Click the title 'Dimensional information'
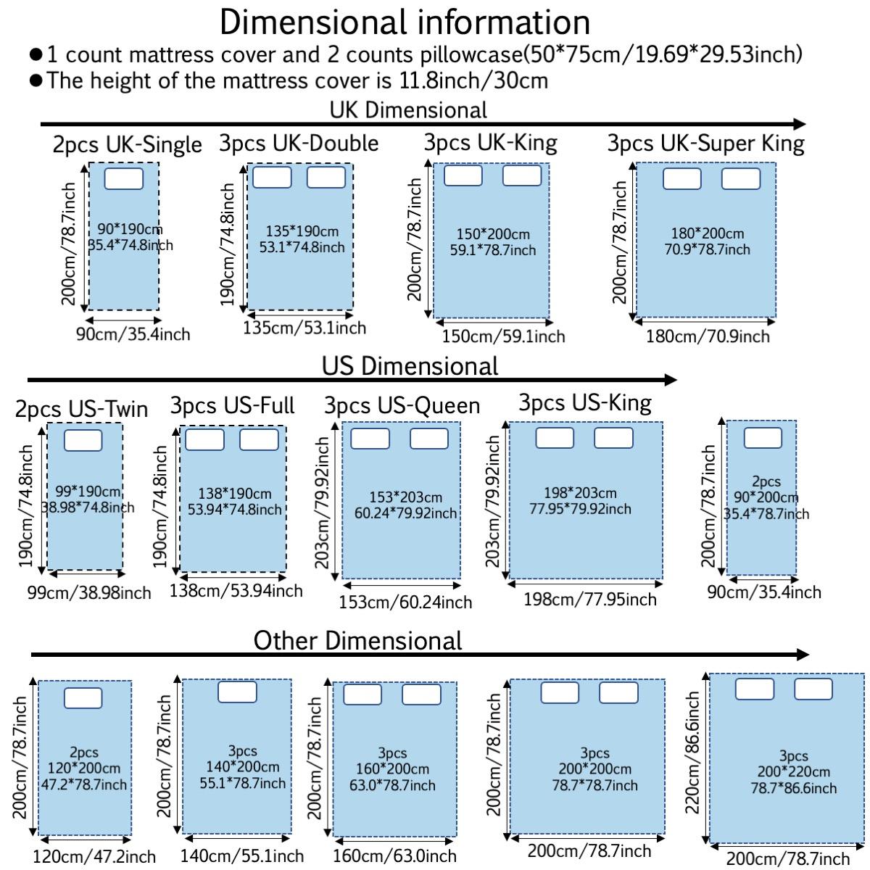tap(405, 22)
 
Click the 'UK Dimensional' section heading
tap(408, 110)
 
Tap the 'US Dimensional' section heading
tap(410, 366)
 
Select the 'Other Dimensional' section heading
tap(357, 641)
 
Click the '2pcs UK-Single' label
tap(127, 145)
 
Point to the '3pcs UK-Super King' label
tap(705, 144)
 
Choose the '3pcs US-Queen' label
tap(402, 406)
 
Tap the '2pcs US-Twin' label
tap(81, 409)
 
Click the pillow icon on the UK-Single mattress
tap(124, 178)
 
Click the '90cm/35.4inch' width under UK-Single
tap(133, 334)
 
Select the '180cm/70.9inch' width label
tap(708, 336)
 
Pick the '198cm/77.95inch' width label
tap(589, 600)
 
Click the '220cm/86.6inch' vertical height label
tap(693, 753)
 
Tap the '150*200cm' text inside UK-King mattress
tap(493, 235)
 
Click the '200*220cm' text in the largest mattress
tap(794, 772)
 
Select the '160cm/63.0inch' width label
tap(395, 857)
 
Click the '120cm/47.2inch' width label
tap(94, 857)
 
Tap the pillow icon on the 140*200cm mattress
tap(237, 692)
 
